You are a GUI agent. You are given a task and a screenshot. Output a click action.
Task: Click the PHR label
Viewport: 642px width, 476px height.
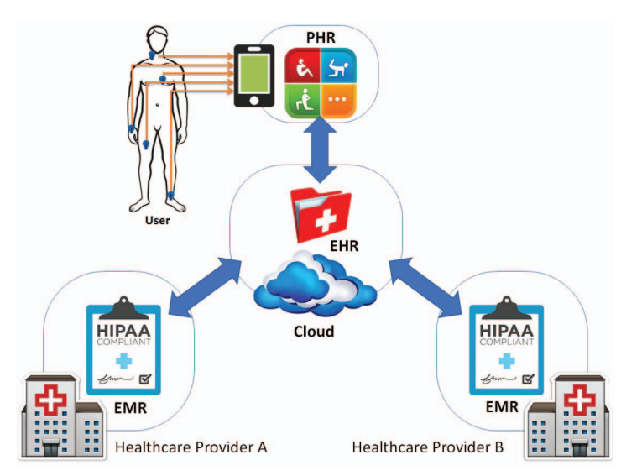(321, 37)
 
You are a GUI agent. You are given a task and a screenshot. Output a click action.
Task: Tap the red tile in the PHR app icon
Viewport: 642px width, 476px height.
(303, 65)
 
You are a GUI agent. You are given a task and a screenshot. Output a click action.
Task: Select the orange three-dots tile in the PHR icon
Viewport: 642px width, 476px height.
(338, 101)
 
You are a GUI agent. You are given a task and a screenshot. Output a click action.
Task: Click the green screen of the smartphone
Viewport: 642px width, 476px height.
(253, 74)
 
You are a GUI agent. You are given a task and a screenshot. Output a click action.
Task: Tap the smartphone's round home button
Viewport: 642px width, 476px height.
(253, 101)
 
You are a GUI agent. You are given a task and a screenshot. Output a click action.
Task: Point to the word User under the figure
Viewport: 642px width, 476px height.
(157, 221)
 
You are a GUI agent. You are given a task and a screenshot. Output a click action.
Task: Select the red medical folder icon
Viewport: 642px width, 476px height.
(321, 215)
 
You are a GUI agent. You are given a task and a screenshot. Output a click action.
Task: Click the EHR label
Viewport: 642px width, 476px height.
(344, 246)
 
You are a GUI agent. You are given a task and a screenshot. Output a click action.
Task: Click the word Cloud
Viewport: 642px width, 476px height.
(314, 331)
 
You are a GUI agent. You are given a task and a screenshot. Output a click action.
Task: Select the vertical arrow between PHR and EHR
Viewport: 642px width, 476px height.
(321, 150)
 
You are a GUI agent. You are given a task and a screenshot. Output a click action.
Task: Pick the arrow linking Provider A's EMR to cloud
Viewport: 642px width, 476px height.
(205, 287)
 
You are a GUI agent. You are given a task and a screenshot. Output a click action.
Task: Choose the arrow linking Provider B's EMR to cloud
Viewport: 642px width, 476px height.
(426, 287)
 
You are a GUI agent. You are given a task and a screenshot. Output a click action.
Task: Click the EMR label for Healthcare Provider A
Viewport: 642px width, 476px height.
(130, 408)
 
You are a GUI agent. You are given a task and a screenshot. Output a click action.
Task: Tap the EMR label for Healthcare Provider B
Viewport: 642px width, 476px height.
(502, 407)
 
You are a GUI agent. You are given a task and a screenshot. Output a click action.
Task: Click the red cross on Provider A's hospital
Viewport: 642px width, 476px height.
(50, 398)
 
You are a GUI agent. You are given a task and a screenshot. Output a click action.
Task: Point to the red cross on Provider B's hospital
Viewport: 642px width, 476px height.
(579, 398)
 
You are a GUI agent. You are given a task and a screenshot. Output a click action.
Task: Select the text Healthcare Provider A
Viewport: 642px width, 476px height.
(191, 447)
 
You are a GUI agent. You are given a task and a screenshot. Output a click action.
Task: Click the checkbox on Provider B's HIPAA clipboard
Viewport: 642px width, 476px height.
(528, 379)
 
